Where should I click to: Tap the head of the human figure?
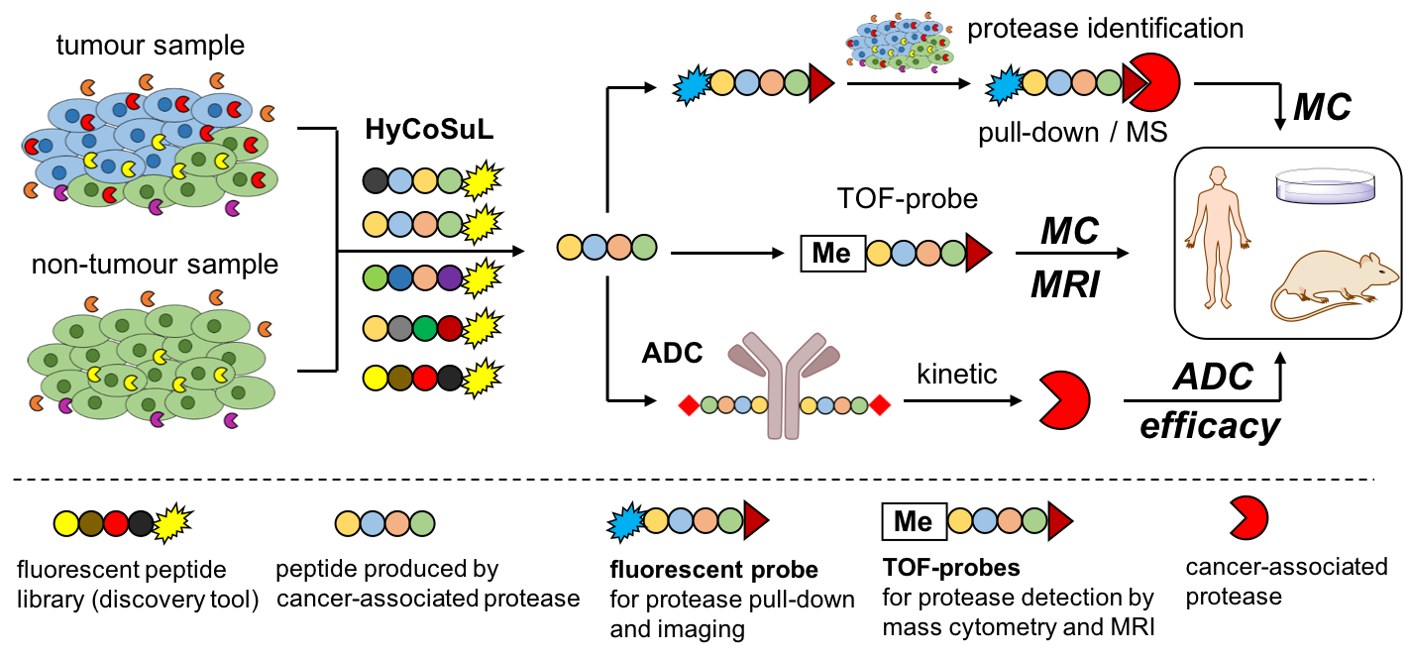pos(1218,175)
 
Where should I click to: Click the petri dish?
pos(1325,185)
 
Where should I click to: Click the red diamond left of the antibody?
pos(689,405)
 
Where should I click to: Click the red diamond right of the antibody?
pos(880,405)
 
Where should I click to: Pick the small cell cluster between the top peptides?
pos(900,44)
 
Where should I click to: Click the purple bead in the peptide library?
pos(450,278)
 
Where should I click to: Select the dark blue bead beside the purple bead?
pos(400,278)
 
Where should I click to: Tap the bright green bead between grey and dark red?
pos(425,328)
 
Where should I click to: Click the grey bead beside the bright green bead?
pos(400,328)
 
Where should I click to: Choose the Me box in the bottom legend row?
pos(914,521)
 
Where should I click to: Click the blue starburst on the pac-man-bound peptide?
pos(1005,85)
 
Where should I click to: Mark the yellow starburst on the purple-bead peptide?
pos(481,278)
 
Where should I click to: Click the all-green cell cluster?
pos(151,362)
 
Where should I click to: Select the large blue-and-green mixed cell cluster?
pos(149,147)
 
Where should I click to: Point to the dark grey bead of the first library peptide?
pos(376,180)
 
